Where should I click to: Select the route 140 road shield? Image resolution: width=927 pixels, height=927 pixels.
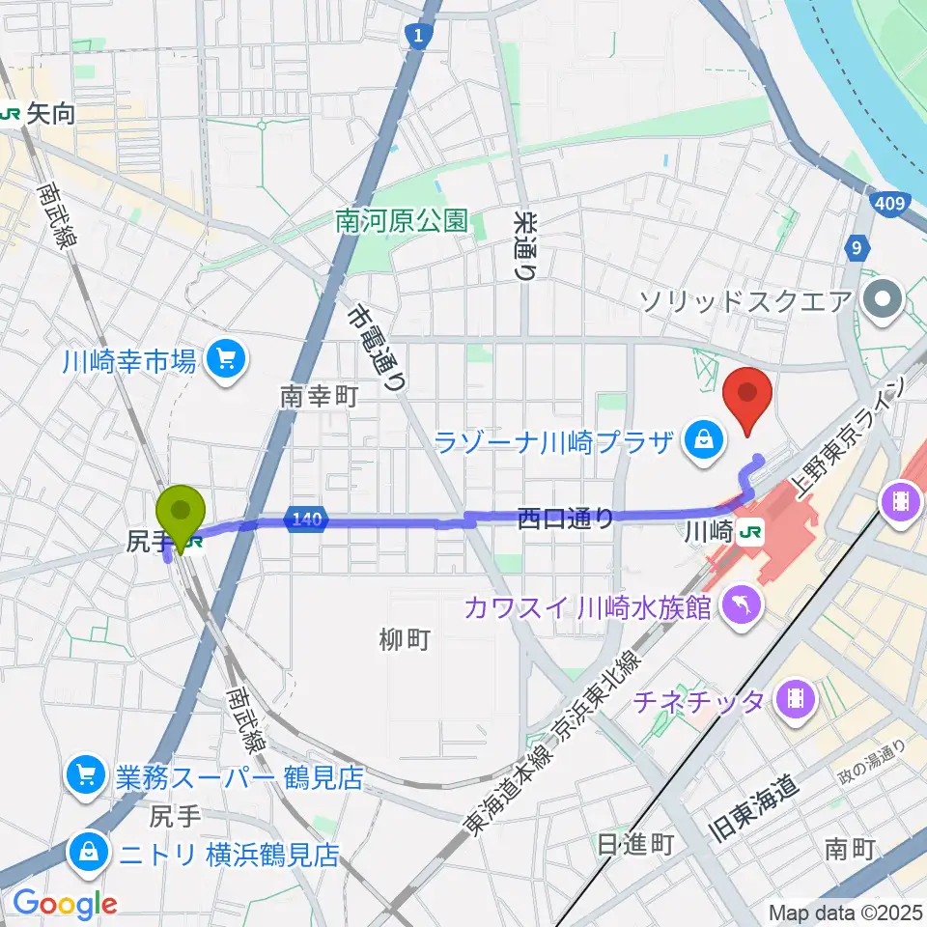point(305,520)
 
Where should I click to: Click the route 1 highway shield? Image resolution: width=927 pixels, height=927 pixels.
point(417,36)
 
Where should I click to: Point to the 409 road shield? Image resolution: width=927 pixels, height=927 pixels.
point(892,204)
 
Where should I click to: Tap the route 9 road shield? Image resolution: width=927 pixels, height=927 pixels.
point(856,248)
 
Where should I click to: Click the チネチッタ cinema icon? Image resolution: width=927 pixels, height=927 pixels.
point(796,699)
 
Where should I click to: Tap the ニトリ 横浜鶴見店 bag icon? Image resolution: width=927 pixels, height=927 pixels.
point(88,852)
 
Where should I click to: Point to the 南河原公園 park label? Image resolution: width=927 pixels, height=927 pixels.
point(401,222)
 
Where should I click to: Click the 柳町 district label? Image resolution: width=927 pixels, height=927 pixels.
point(404,639)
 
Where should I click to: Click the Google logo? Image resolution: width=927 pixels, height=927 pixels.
point(64,903)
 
